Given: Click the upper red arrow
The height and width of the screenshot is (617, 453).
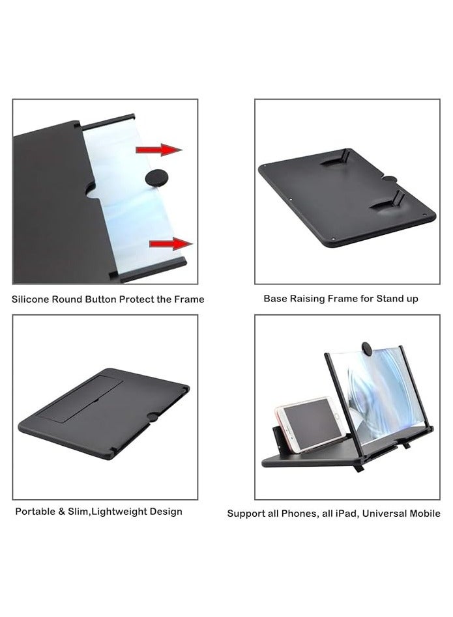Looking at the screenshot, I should (x=158, y=150).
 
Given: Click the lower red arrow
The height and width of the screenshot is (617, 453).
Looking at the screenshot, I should (x=171, y=243).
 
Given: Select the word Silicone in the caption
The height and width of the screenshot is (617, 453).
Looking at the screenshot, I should (x=31, y=299).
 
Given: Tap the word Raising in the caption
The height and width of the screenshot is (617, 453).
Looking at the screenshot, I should (x=310, y=299).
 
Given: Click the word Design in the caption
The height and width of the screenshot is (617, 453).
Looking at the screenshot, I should (x=166, y=512).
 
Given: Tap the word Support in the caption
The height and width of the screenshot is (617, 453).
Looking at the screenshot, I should (x=246, y=514).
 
